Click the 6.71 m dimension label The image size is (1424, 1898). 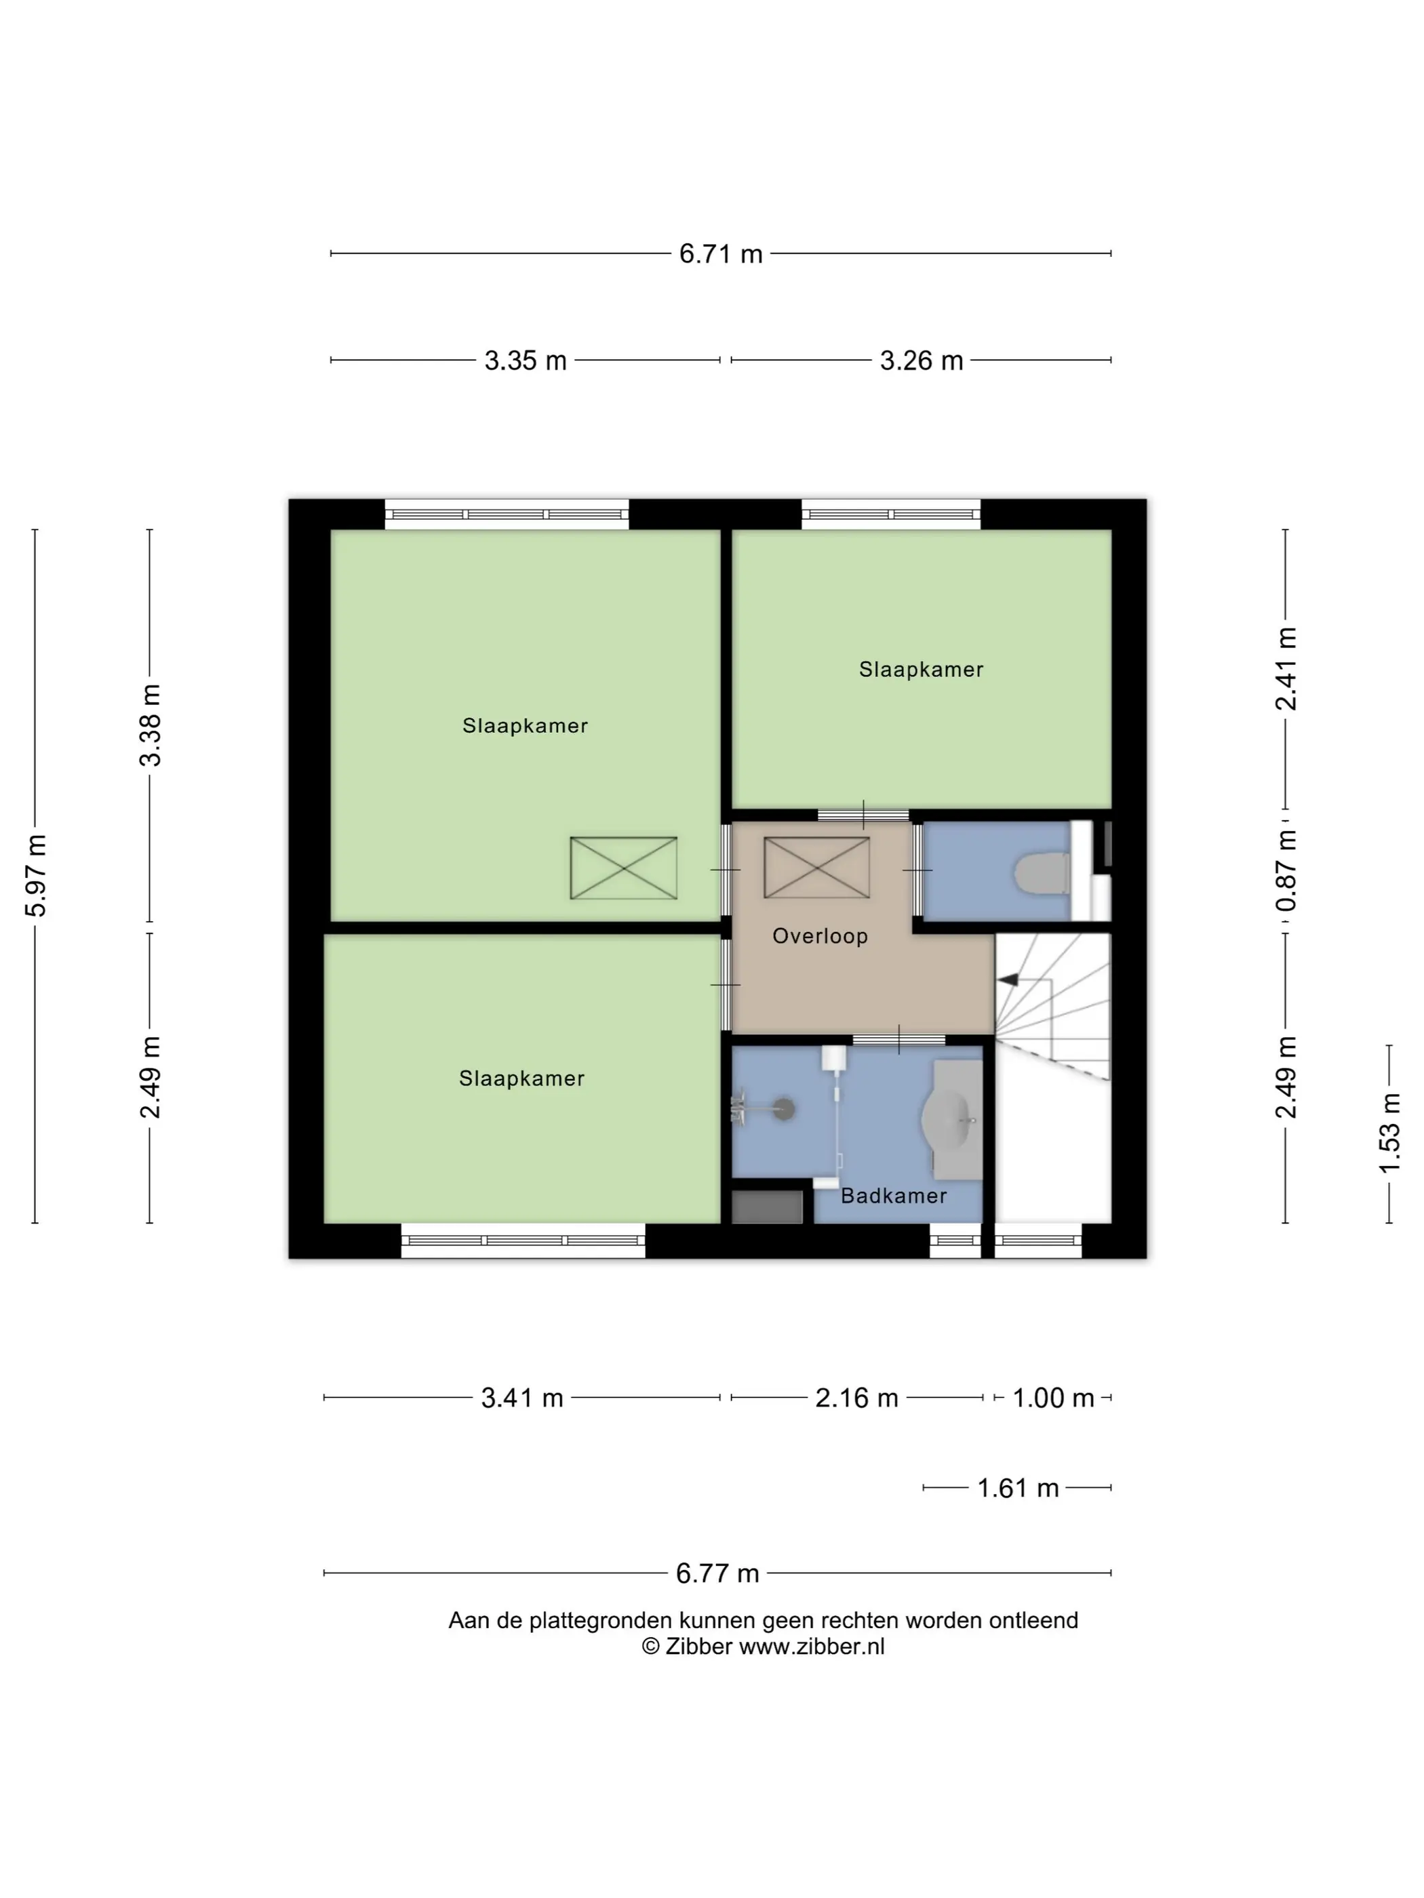click(x=720, y=254)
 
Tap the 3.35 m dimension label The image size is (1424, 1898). click(x=526, y=361)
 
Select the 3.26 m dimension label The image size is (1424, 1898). click(x=921, y=361)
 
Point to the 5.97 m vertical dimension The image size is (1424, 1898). click(x=35, y=875)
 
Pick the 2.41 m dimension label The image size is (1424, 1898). click(x=1286, y=669)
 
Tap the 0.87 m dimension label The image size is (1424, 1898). click(x=1286, y=871)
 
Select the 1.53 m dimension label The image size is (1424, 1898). click(x=1389, y=1133)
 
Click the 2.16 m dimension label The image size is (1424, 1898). click(x=856, y=1398)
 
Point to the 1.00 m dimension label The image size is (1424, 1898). click(x=1053, y=1398)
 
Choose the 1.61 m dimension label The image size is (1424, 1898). click(x=1018, y=1488)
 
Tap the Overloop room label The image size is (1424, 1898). click(x=820, y=936)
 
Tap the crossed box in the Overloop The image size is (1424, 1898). click(x=816, y=868)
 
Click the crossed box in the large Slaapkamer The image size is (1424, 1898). click(x=624, y=868)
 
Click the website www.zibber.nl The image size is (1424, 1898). click(x=812, y=1647)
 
